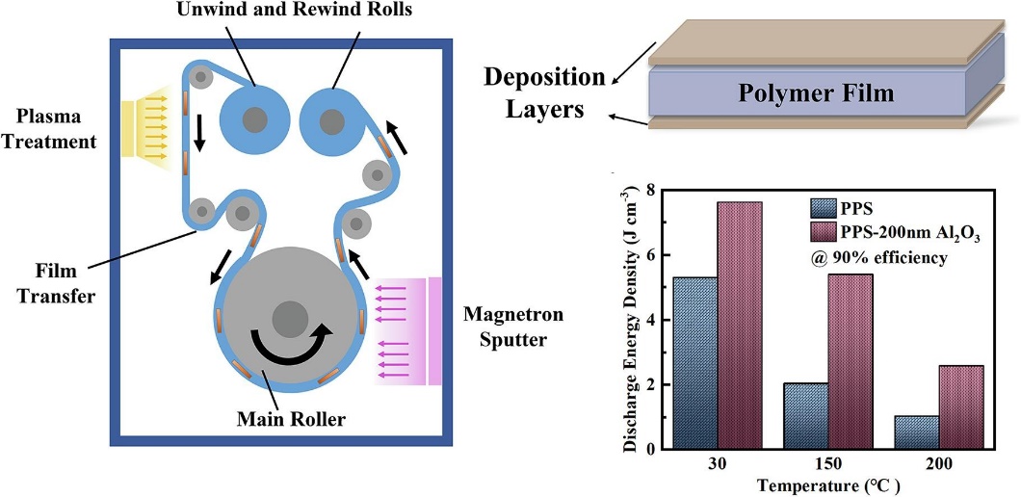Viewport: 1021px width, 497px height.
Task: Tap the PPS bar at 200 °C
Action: [x=916, y=432]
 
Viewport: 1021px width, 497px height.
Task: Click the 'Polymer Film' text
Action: [x=816, y=93]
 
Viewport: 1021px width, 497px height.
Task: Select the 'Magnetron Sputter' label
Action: [x=512, y=327]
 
